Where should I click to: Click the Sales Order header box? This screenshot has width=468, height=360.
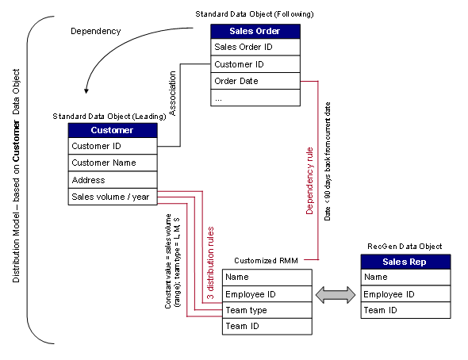pyautogui.click(x=255, y=31)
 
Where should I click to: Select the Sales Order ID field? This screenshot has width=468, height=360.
pyautogui.click(x=255, y=47)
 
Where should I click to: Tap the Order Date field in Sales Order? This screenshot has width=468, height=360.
pyautogui.click(x=255, y=81)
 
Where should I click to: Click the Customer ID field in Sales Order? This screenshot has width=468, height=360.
pyautogui.click(x=255, y=63)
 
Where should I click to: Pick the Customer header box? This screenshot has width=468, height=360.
pyautogui.click(x=113, y=129)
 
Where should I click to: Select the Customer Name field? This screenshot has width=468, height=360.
pyautogui.click(x=113, y=163)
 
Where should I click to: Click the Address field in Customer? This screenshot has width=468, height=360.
pyautogui.click(x=113, y=180)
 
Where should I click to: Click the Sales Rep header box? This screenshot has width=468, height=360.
pyautogui.click(x=406, y=262)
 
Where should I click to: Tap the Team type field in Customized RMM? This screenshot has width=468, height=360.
pyautogui.click(x=267, y=310)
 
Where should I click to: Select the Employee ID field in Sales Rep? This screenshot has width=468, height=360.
pyautogui.click(x=406, y=294)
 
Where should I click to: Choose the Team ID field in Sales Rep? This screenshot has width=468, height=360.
pyautogui.click(x=406, y=311)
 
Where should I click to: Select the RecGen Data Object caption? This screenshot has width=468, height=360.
pyautogui.click(x=405, y=247)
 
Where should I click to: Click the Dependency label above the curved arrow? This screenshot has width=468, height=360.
pyautogui.click(x=95, y=32)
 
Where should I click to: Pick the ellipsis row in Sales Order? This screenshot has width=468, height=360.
pyautogui.click(x=255, y=98)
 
